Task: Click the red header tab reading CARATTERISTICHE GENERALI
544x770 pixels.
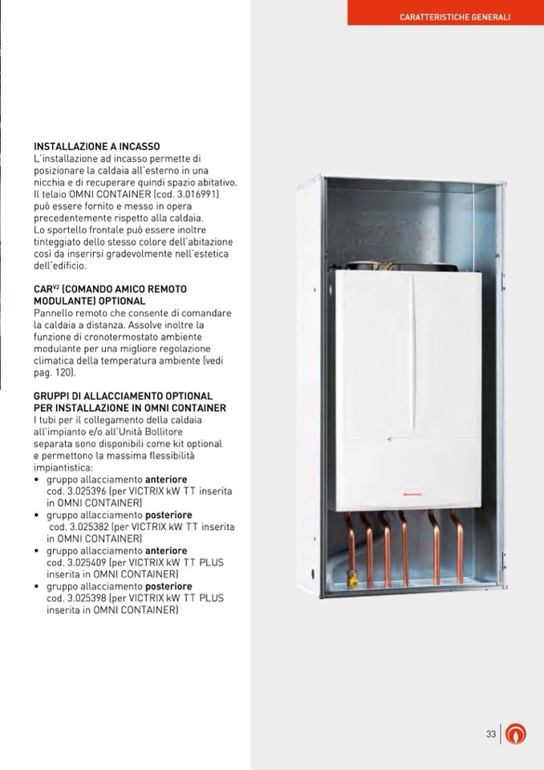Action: tap(454, 17)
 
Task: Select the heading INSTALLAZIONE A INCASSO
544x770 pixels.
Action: tap(96, 147)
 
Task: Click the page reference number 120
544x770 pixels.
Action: tap(66, 373)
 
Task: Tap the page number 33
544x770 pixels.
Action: tap(491, 734)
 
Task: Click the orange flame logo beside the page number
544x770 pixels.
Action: tap(518, 734)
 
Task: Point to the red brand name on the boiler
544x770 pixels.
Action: tap(411, 496)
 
